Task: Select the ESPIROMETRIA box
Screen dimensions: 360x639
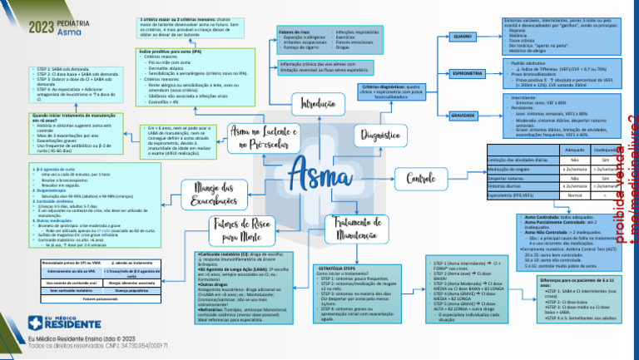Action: point(463,73)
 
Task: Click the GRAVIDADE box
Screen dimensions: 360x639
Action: point(463,116)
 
